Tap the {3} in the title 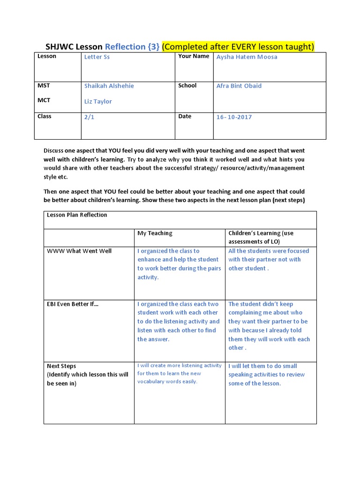(x=153, y=46)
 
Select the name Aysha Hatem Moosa (x=247, y=57)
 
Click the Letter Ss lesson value (x=97, y=57)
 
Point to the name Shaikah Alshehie (x=109, y=86)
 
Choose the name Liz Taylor (x=98, y=101)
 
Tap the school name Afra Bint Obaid (x=239, y=86)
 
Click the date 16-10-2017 (x=234, y=117)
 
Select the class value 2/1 (x=89, y=117)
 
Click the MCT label (x=44, y=100)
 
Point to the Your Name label (x=194, y=56)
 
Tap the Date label (x=185, y=116)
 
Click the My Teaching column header (x=155, y=233)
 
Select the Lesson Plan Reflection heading (x=77, y=215)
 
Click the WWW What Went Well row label (x=79, y=251)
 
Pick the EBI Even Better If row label (x=73, y=304)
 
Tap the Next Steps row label (x=61, y=366)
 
